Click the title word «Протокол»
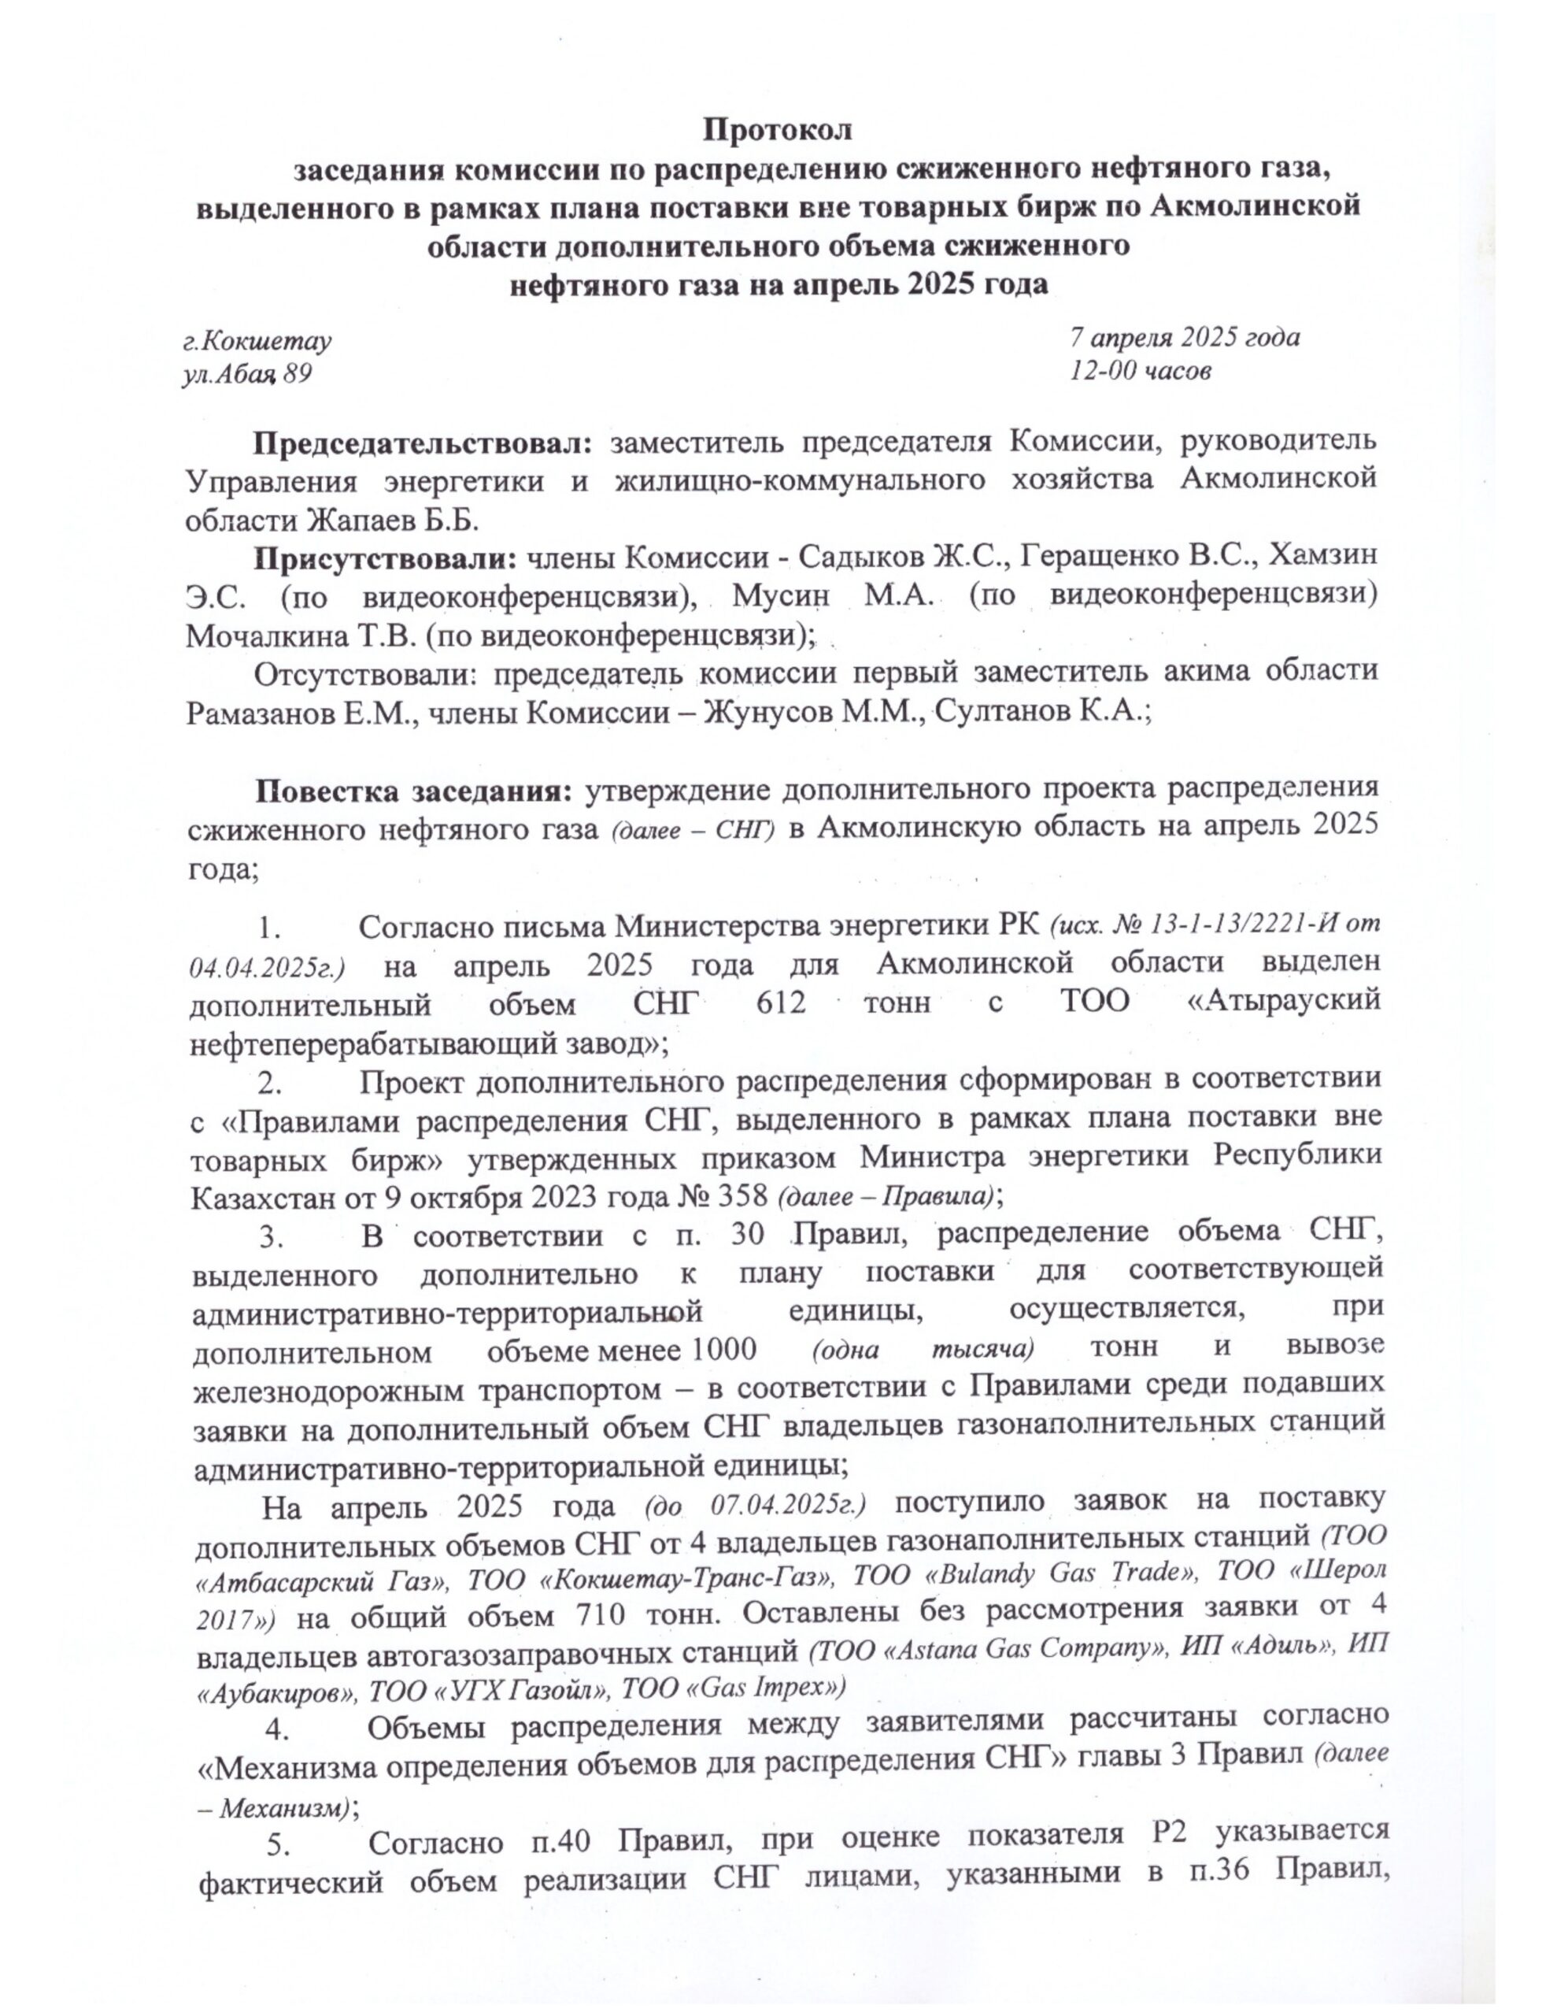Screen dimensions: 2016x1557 [x=778, y=129]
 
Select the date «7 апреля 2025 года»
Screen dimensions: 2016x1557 [x=1184, y=337]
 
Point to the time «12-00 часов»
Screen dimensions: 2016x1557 [x=1140, y=370]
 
